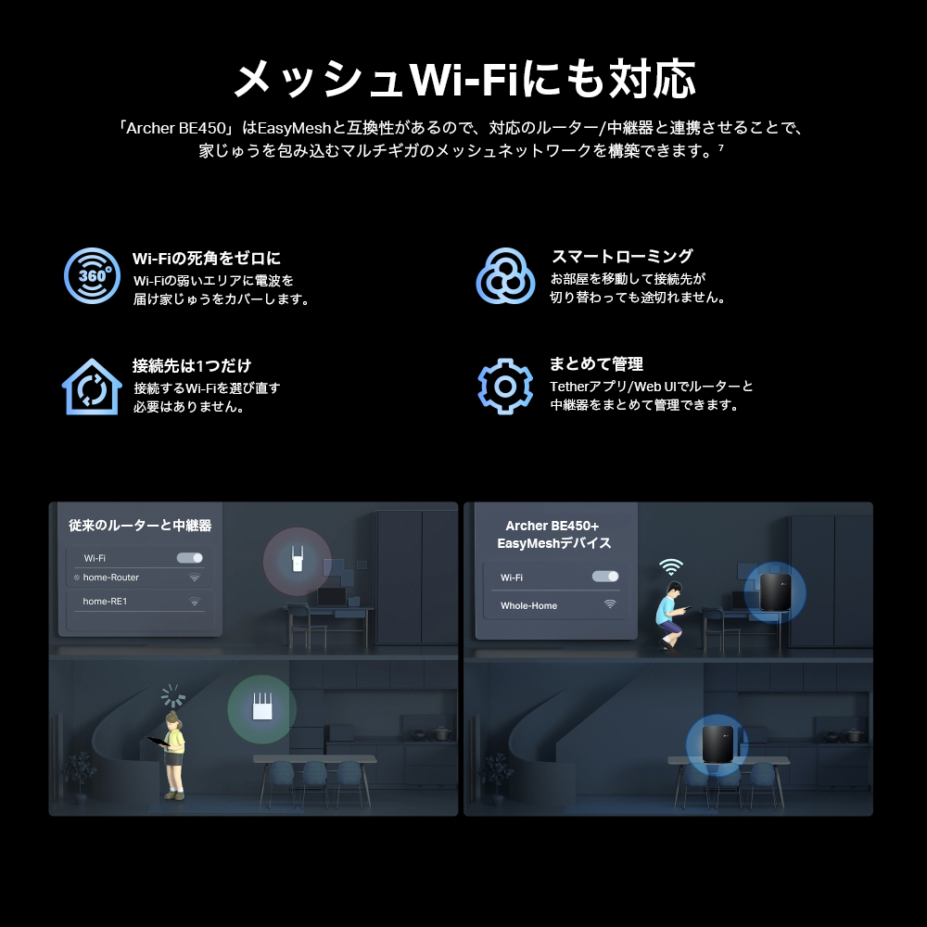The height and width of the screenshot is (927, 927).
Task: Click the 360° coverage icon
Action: tap(92, 275)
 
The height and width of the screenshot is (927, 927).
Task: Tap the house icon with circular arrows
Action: tap(92, 387)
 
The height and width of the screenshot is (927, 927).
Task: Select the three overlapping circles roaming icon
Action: tap(505, 275)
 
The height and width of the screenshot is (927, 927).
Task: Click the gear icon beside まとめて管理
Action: tap(505, 386)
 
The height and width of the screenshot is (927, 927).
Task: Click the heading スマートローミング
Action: tap(622, 257)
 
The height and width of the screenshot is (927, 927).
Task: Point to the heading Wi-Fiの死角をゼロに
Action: tap(207, 259)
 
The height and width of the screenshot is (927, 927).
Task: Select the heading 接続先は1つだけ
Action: tap(192, 365)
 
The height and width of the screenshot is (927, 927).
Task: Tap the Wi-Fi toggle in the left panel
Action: tap(190, 558)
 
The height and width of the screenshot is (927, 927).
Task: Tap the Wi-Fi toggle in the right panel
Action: tap(605, 577)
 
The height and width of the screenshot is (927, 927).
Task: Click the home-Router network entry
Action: tap(111, 578)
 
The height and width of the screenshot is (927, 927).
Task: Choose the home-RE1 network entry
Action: tap(105, 602)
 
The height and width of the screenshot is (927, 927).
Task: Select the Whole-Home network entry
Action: tap(529, 605)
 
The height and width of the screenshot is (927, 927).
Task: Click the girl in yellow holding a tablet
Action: tap(172, 753)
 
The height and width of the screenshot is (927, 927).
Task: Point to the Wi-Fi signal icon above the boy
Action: tap(671, 566)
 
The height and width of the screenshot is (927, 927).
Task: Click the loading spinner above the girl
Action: tap(173, 696)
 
